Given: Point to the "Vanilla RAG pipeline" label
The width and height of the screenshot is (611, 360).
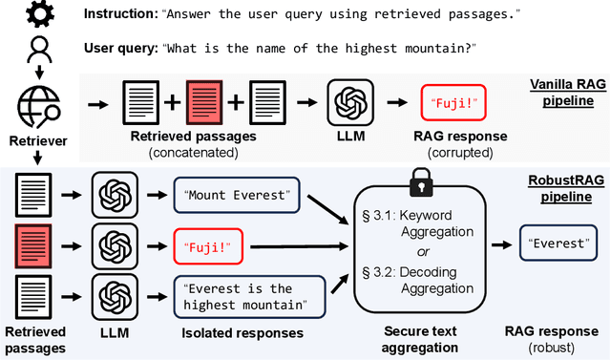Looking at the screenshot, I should tap(564, 91).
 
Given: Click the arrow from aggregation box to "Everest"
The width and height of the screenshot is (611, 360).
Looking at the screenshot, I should tap(498, 244).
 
